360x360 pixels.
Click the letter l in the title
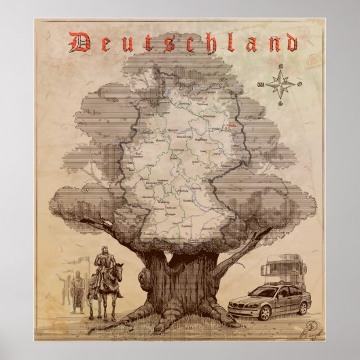click(x=234, y=42)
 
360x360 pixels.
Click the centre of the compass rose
click(x=278, y=84)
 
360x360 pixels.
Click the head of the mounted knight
click(x=104, y=251)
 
